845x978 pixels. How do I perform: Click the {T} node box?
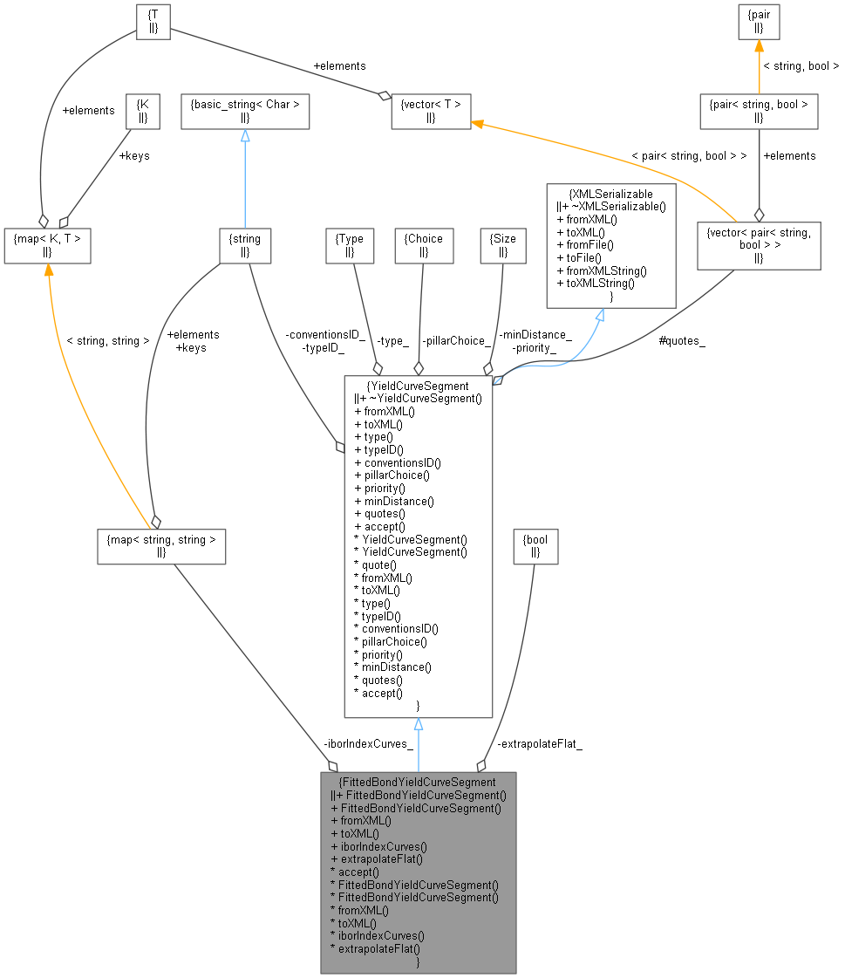(x=153, y=22)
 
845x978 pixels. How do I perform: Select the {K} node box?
(x=144, y=112)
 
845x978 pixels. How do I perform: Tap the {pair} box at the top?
(x=759, y=22)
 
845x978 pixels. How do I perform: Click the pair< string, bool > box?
(x=759, y=112)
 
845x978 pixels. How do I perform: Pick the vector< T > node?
(x=431, y=112)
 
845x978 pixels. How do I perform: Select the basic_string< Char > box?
(x=245, y=112)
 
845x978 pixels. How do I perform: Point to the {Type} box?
(x=350, y=245)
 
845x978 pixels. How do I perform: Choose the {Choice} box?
(x=424, y=245)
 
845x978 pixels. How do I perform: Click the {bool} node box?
(x=536, y=545)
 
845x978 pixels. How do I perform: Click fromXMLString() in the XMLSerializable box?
(x=602, y=270)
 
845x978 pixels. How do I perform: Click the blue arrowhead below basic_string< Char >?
(x=245, y=136)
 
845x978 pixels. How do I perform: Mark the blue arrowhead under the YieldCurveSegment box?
(x=419, y=725)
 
